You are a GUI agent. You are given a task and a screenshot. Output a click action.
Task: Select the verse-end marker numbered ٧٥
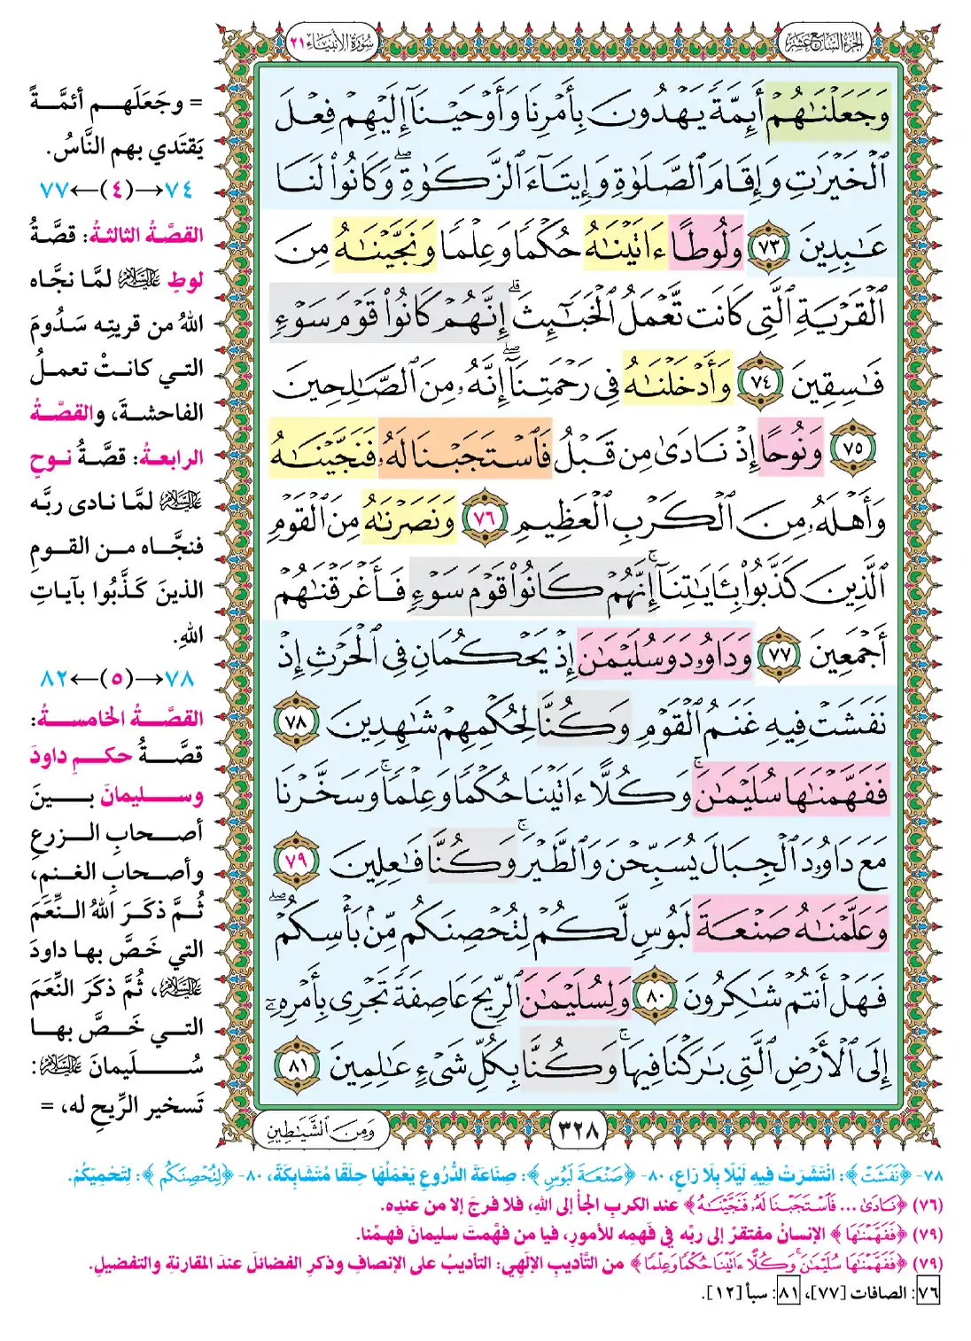pyautogui.click(x=852, y=448)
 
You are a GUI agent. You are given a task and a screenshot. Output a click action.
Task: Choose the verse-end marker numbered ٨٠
pyautogui.click(x=656, y=999)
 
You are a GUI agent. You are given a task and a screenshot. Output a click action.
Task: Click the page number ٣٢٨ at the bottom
pyautogui.click(x=579, y=1130)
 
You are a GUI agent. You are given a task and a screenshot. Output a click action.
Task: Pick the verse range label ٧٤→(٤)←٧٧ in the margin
pyautogui.click(x=116, y=189)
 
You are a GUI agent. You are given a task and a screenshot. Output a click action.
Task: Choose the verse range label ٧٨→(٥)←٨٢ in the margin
pyautogui.click(x=116, y=678)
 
